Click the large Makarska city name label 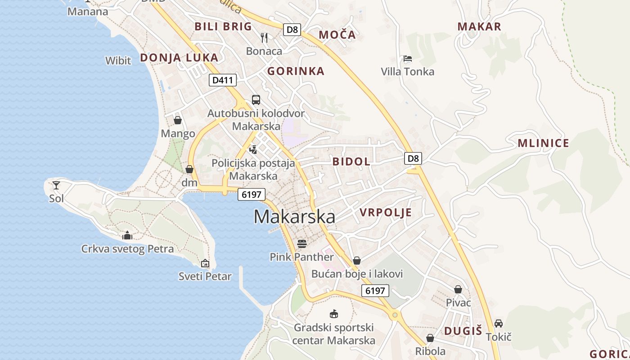click(294, 217)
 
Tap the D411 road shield click(223, 81)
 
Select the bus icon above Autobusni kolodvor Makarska click(256, 100)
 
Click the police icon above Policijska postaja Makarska click(253, 149)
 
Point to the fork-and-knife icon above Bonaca click(264, 38)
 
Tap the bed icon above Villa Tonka click(408, 58)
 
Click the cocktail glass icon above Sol click(56, 185)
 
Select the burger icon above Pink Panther click(301, 244)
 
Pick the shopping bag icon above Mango click(178, 120)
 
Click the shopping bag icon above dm click(189, 169)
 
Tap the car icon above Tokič click(499, 323)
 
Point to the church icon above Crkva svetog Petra click(127, 235)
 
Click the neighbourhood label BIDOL click(351, 162)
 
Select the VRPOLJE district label click(386, 212)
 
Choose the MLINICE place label click(543, 144)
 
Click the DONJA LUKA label click(179, 58)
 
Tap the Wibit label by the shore click(118, 61)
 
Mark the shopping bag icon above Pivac click(458, 289)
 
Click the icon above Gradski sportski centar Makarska click(334, 314)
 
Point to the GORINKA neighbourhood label click(296, 71)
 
